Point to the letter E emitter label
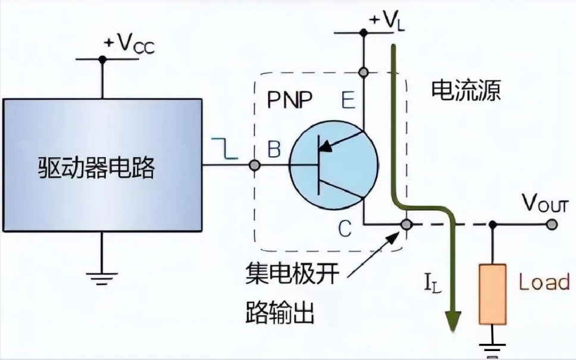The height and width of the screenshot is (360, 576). [x=349, y=99]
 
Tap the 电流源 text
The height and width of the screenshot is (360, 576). [x=465, y=91]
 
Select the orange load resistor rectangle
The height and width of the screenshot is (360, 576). [x=493, y=294]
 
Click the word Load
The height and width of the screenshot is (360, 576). [x=543, y=282]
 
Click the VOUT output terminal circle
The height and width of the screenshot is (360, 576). [x=553, y=225]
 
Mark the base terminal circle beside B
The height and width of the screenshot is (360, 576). [x=255, y=165]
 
